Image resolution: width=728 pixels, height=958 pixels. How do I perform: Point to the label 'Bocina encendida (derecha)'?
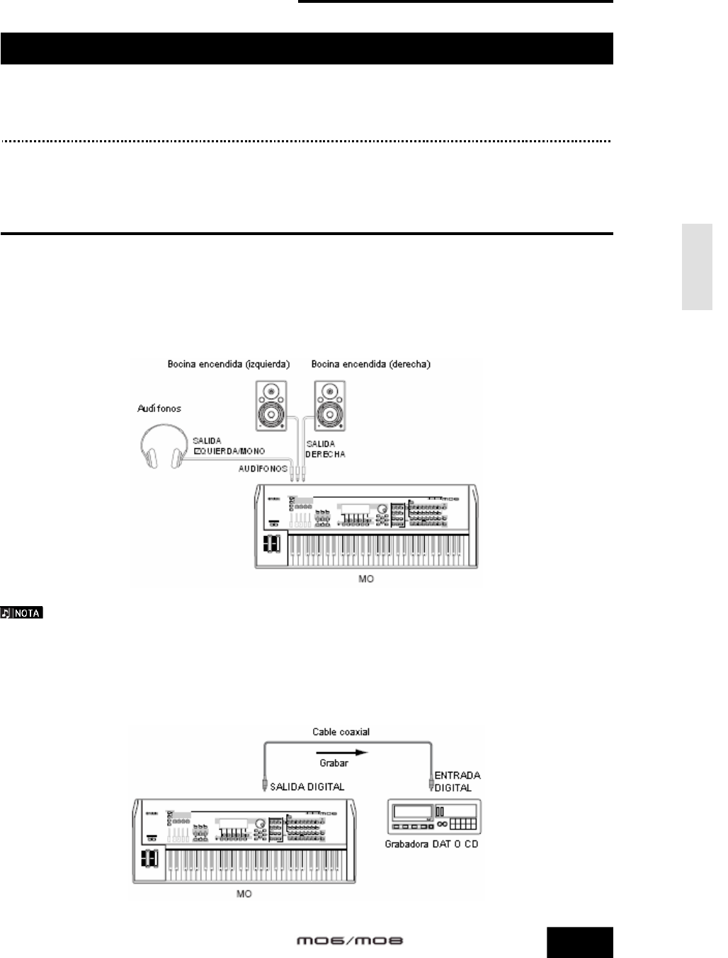tap(371, 364)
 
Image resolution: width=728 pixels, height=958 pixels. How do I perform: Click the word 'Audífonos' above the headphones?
tap(160, 409)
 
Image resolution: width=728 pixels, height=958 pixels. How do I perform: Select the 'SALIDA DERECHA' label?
tap(325, 448)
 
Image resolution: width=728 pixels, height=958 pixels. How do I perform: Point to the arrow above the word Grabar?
tap(342, 753)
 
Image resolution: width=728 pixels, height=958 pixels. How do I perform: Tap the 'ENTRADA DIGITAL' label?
tap(453, 781)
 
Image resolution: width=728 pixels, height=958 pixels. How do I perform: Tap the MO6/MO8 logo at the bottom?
tap(349, 941)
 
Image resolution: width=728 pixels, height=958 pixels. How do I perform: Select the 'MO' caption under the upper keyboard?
tap(365, 578)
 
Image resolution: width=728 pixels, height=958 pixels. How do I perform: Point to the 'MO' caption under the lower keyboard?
tap(244, 894)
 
